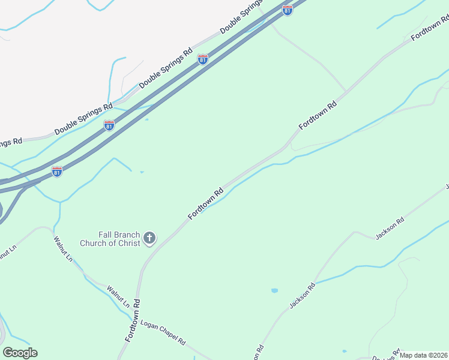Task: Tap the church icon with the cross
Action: (x=149, y=239)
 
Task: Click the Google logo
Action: (x=20, y=353)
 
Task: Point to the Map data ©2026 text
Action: (x=423, y=355)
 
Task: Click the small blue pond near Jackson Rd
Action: (x=274, y=290)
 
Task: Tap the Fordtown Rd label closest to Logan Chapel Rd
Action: (x=133, y=320)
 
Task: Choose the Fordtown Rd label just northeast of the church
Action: (x=206, y=203)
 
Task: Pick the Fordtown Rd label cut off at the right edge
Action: (x=430, y=29)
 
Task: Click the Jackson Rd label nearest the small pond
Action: (x=301, y=296)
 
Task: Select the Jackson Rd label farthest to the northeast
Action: (x=390, y=228)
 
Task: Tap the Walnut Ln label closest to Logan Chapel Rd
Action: (x=118, y=298)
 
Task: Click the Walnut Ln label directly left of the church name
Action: (x=62, y=250)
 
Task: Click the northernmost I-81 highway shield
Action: (x=288, y=10)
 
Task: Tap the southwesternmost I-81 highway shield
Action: (x=56, y=172)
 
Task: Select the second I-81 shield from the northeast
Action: (x=203, y=59)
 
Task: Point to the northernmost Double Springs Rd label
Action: (x=240, y=18)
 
